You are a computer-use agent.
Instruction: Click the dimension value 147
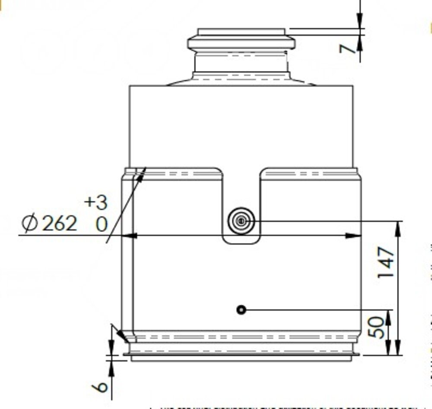(386, 262)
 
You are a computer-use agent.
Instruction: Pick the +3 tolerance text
(95, 202)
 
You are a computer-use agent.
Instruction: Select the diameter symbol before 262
(31, 223)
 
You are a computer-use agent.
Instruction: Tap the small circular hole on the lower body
(241, 310)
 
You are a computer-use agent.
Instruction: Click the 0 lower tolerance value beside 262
(101, 225)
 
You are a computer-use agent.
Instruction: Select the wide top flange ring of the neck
(241, 43)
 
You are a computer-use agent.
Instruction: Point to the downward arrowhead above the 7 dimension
(360, 19)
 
